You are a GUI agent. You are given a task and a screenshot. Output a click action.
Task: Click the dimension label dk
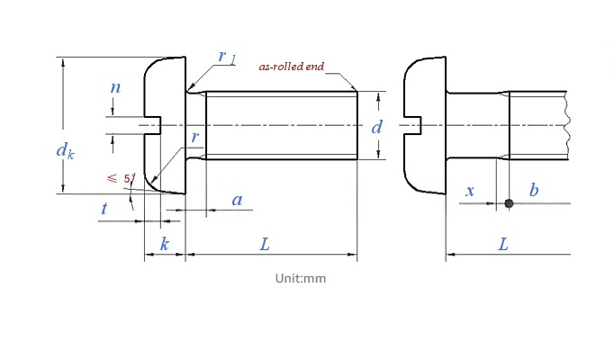tap(65, 151)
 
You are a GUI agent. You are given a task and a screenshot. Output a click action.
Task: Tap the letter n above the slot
tap(115, 87)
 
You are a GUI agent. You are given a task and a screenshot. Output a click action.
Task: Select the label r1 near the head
tap(227, 57)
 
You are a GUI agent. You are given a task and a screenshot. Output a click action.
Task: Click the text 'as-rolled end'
tap(292, 67)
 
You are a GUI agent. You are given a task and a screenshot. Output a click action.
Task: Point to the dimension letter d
tap(376, 127)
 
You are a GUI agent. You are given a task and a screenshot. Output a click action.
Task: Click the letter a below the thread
tap(238, 200)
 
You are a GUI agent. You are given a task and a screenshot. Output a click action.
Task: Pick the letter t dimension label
tap(104, 208)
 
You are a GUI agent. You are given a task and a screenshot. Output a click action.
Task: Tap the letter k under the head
tap(165, 244)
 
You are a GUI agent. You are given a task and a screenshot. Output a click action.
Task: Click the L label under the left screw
tap(265, 245)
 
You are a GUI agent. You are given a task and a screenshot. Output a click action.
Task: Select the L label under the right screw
tap(503, 245)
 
